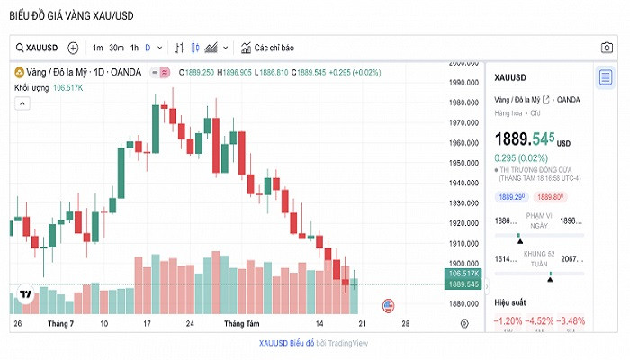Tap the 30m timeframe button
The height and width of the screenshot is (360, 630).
click(x=116, y=48)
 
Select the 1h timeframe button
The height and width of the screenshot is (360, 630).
click(x=134, y=48)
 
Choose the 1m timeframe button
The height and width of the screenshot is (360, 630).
click(x=97, y=48)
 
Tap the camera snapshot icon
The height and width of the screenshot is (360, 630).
click(x=607, y=48)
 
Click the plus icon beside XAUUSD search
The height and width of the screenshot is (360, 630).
click(x=73, y=48)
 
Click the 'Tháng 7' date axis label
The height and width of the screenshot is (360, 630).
click(x=60, y=323)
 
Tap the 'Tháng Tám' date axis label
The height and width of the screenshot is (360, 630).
click(x=241, y=323)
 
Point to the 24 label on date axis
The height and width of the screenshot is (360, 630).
click(x=189, y=323)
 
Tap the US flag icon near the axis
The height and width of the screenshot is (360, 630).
click(x=389, y=305)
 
